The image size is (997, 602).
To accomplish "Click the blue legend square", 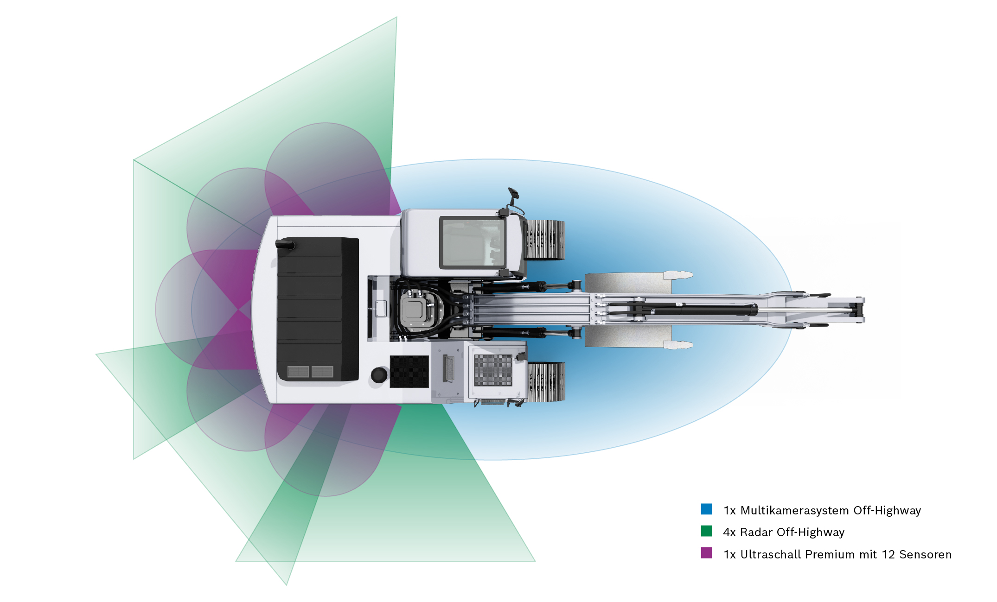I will click(706, 509).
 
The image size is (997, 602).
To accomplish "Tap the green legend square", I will click(706, 531).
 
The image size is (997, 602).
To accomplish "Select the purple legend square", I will click(706, 553).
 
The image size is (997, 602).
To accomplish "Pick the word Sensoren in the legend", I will click(925, 554).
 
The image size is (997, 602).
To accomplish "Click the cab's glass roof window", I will click(472, 242).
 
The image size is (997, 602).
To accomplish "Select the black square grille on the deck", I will click(409, 372).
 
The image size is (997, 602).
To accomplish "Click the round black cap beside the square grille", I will click(379, 374).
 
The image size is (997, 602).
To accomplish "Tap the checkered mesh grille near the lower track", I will click(493, 370).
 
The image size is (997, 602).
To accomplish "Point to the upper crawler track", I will click(544, 240).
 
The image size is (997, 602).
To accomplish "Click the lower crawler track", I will click(546, 381).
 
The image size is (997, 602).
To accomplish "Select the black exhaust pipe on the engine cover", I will click(285, 244).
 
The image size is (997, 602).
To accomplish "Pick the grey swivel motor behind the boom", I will click(414, 308).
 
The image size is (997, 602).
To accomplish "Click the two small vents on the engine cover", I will click(310, 372).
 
